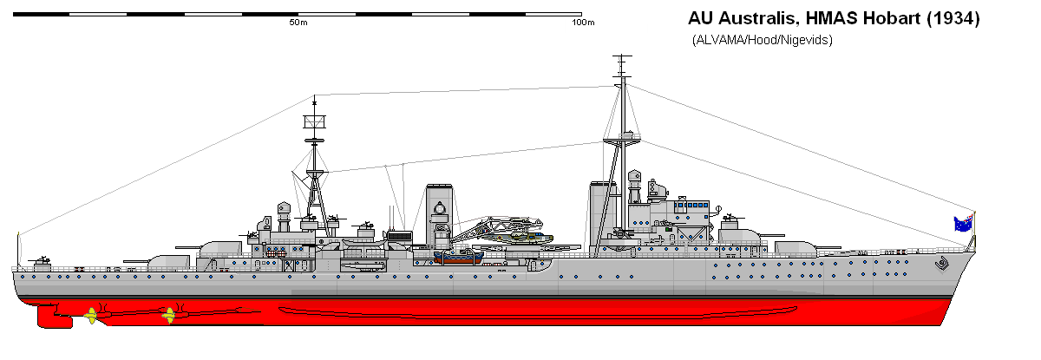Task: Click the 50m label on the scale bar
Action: pyautogui.click(x=298, y=23)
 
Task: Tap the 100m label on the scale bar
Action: pyautogui.click(x=583, y=23)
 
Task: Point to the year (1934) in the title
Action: pyautogui.click(x=953, y=18)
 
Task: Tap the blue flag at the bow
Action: pyautogui.click(x=964, y=224)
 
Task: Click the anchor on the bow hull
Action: pyautogui.click(x=942, y=265)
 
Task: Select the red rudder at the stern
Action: pyautogui.click(x=55, y=317)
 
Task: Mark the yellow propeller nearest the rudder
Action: pyautogui.click(x=92, y=316)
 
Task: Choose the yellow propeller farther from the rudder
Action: pyautogui.click(x=168, y=316)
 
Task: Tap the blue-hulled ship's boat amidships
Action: pyautogui.click(x=459, y=257)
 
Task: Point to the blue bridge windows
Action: pyautogui.click(x=691, y=205)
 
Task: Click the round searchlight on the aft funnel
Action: pyautogui.click(x=439, y=208)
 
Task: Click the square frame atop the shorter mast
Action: pyautogui.click(x=314, y=121)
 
